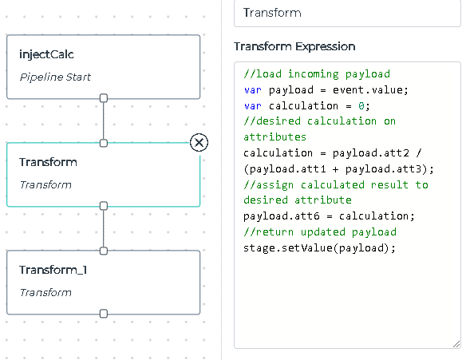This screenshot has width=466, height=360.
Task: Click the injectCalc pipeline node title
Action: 46,54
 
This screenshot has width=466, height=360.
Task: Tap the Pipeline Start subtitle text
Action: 55,77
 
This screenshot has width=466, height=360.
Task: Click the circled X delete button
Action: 199,142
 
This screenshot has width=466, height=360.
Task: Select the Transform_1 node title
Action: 53,270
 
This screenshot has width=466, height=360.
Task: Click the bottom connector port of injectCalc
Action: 104,98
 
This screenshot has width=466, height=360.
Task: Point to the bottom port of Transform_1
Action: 104,314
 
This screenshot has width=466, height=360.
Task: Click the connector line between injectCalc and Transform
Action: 104,121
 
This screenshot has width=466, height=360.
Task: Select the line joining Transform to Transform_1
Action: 104,228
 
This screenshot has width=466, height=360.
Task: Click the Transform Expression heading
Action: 294,46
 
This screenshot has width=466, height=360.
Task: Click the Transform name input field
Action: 347,13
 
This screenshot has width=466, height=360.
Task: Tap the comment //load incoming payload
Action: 317,74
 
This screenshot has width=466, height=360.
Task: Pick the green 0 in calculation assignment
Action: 361,105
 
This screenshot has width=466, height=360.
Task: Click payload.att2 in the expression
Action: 371,152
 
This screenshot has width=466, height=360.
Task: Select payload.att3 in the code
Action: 383,169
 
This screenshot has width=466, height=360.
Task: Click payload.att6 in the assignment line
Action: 282,216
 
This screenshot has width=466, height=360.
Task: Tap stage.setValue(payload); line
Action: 319,247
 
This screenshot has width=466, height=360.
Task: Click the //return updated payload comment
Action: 320,231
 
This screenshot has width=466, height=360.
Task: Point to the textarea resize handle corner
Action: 456,344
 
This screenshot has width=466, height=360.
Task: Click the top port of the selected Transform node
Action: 104,143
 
